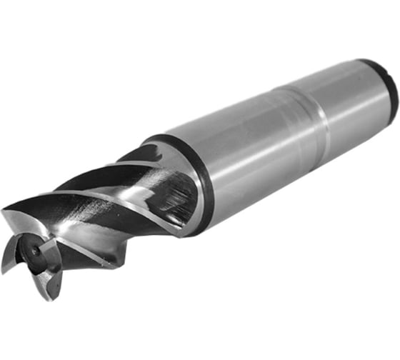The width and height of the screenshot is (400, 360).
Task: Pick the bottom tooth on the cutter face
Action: (43, 286)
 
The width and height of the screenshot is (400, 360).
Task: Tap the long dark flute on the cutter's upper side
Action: (93, 182)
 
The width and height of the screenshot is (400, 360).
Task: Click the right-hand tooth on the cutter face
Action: (54, 254)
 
